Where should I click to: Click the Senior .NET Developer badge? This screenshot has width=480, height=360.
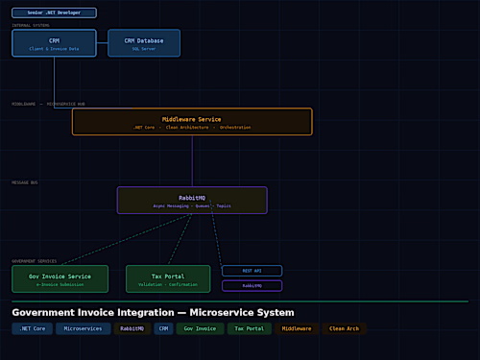pos(54,12)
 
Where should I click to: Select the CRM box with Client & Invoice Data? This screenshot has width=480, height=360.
pos(54,43)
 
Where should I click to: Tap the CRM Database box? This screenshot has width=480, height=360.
pos(144,43)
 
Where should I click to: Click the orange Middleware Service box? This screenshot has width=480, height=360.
pos(192,122)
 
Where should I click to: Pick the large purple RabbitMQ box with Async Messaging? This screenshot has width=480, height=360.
pos(192,200)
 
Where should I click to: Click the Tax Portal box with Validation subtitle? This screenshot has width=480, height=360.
pos(168,279)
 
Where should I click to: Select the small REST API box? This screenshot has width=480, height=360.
pos(252,271)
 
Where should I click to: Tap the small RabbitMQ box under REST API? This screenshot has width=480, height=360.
pos(252,285)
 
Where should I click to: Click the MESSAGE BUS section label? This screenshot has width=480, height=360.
pos(25,181)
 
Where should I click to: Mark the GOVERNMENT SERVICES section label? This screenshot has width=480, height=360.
pos(35,260)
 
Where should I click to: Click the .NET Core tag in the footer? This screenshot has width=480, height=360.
pos(32,328)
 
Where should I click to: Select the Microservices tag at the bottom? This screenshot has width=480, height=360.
pos(83,328)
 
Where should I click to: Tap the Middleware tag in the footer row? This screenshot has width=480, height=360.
pos(296,328)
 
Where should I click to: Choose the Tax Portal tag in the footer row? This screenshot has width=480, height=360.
pos(249,328)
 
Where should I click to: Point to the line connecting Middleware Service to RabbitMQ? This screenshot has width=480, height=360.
pos(192,160)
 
